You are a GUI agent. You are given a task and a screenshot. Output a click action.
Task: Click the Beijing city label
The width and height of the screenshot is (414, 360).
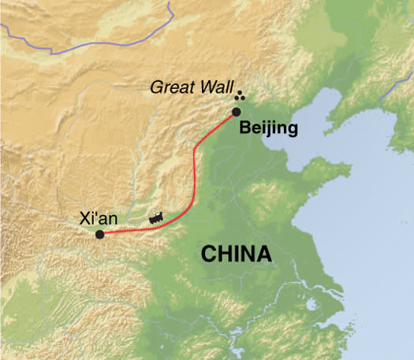(267, 128)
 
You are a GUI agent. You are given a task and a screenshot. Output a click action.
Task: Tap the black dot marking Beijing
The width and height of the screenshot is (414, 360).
(237, 112)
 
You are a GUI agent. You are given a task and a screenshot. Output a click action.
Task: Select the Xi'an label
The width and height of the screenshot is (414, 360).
(99, 220)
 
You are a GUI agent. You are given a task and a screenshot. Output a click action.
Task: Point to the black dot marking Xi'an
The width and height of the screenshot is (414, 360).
(99, 235)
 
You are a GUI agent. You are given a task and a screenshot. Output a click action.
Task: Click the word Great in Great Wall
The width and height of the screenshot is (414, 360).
(171, 87)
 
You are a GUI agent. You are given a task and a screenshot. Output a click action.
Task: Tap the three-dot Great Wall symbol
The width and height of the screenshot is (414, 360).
(240, 95)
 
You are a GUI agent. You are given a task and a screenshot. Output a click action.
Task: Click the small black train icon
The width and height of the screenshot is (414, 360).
(158, 217)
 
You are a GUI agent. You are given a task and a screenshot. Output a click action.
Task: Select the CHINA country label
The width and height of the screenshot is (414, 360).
(236, 254)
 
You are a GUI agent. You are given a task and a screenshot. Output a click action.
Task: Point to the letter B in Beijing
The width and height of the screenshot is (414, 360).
(244, 128)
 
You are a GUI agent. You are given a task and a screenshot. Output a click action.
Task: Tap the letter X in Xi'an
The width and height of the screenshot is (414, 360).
(85, 220)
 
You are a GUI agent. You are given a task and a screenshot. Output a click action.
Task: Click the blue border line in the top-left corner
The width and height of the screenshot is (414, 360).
(47, 39)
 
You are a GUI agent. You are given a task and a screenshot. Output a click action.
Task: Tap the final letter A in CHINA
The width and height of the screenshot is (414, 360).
(263, 254)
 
